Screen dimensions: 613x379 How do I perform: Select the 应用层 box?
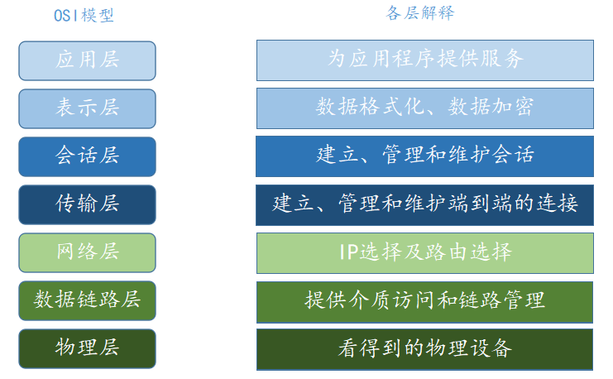tap(87, 60)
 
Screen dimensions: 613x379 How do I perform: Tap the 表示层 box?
tap(87, 108)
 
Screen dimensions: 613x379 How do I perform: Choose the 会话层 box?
tap(87, 156)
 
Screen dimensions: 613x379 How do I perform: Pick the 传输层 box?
tap(87, 204)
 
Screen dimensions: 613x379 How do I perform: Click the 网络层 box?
tap(87, 252)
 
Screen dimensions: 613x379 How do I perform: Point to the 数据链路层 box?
tap(87, 300)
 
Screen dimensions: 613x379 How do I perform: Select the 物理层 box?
tap(87, 348)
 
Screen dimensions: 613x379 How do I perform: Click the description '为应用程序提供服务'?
tap(424, 60)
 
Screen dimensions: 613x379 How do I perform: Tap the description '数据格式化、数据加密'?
tap(424, 108)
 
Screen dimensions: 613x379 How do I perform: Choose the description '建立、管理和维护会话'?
tap(424, 156)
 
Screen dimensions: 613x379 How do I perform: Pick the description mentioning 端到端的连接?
tap(424, 204)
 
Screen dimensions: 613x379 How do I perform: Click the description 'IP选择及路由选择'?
tap(424, 252)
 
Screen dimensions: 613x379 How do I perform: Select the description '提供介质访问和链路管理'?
tap(424, 300)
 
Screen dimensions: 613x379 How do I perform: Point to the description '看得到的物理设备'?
tap(424, 348)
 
